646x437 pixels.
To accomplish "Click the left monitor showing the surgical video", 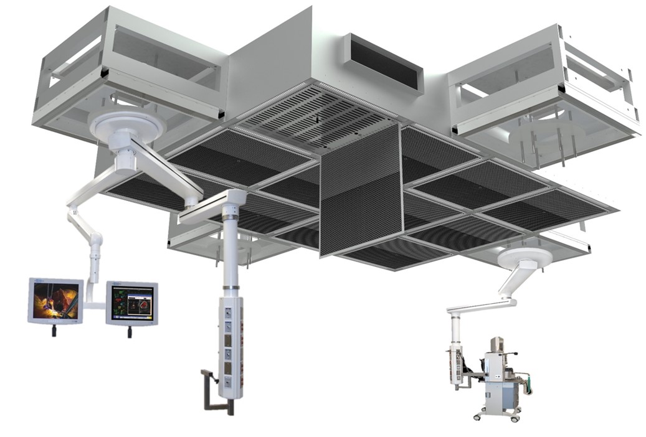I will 55,301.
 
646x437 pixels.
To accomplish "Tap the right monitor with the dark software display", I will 131,303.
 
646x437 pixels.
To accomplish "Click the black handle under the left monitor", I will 54,331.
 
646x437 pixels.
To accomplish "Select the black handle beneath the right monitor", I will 130,332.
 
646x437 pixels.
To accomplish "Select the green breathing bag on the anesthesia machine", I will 528,384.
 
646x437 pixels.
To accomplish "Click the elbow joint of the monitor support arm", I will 95,240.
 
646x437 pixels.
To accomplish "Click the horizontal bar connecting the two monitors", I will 94,305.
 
